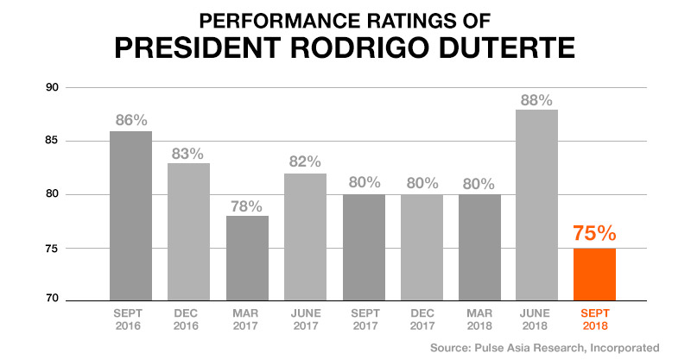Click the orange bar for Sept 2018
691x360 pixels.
click(594, 274)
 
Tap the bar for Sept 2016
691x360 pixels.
click(130, 216)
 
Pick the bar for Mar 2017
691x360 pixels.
click(246, 258)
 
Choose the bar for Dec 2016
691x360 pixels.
click(188, 231)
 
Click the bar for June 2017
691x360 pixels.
click(304, 237)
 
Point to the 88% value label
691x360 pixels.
click(536, 99)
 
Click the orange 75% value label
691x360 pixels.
click(594, 234)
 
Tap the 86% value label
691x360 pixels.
click(130, 121)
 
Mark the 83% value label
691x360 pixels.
click(188, 154)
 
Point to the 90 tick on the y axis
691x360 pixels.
click(53, 87)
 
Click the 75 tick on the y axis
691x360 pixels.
click(53, 248)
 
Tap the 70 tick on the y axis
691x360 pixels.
click(53, 300)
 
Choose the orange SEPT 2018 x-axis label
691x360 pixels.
click(594, 319)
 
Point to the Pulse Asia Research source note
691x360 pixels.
click(544, 347)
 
